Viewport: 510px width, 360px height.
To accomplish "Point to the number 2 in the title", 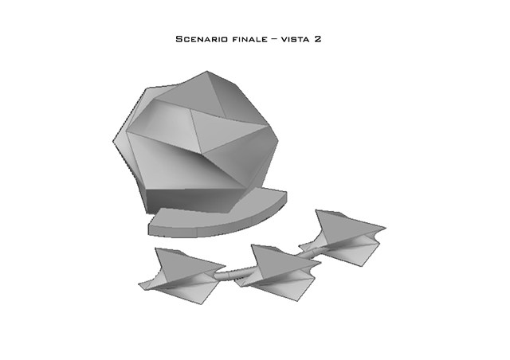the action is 317,39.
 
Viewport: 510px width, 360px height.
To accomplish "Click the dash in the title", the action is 274,39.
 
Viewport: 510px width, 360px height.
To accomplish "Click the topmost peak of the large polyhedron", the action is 207,71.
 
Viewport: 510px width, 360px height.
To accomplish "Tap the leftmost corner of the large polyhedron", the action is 113,142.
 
